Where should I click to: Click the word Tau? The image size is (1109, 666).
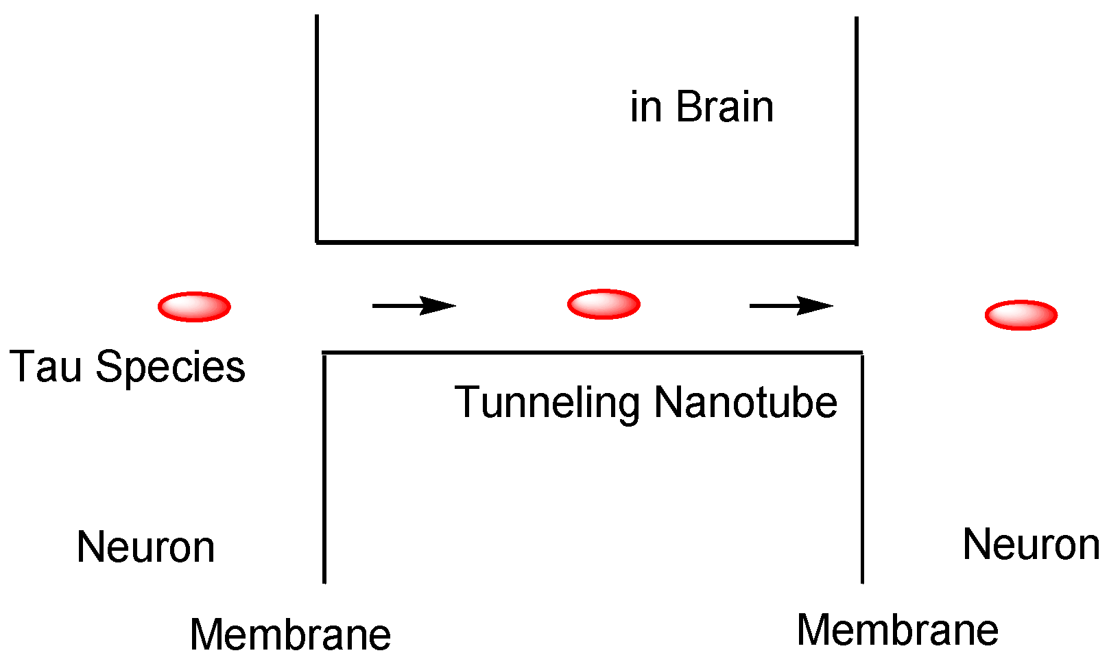point(45,366)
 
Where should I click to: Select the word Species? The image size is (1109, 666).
point(170,368)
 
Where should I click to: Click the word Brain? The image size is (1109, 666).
point(724,107)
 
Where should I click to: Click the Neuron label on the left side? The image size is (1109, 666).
point(145,547)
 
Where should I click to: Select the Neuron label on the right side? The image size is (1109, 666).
point(1031,545)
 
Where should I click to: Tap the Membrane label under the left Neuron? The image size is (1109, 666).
point(290,634)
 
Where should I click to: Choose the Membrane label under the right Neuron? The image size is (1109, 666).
point(897,630)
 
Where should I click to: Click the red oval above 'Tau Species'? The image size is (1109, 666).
point(194,307)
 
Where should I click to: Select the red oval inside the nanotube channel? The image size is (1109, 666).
point(604,304)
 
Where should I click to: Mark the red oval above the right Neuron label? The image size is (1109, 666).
point(1021,315)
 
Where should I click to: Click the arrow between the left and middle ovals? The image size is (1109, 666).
point(414,305)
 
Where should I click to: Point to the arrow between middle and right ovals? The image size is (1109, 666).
point(791,305)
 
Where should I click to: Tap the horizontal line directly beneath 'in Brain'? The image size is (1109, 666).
point(586,242)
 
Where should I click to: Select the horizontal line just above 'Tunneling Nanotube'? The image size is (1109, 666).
point(593,353)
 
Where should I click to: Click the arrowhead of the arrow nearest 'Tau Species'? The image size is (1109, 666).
point(439,305)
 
